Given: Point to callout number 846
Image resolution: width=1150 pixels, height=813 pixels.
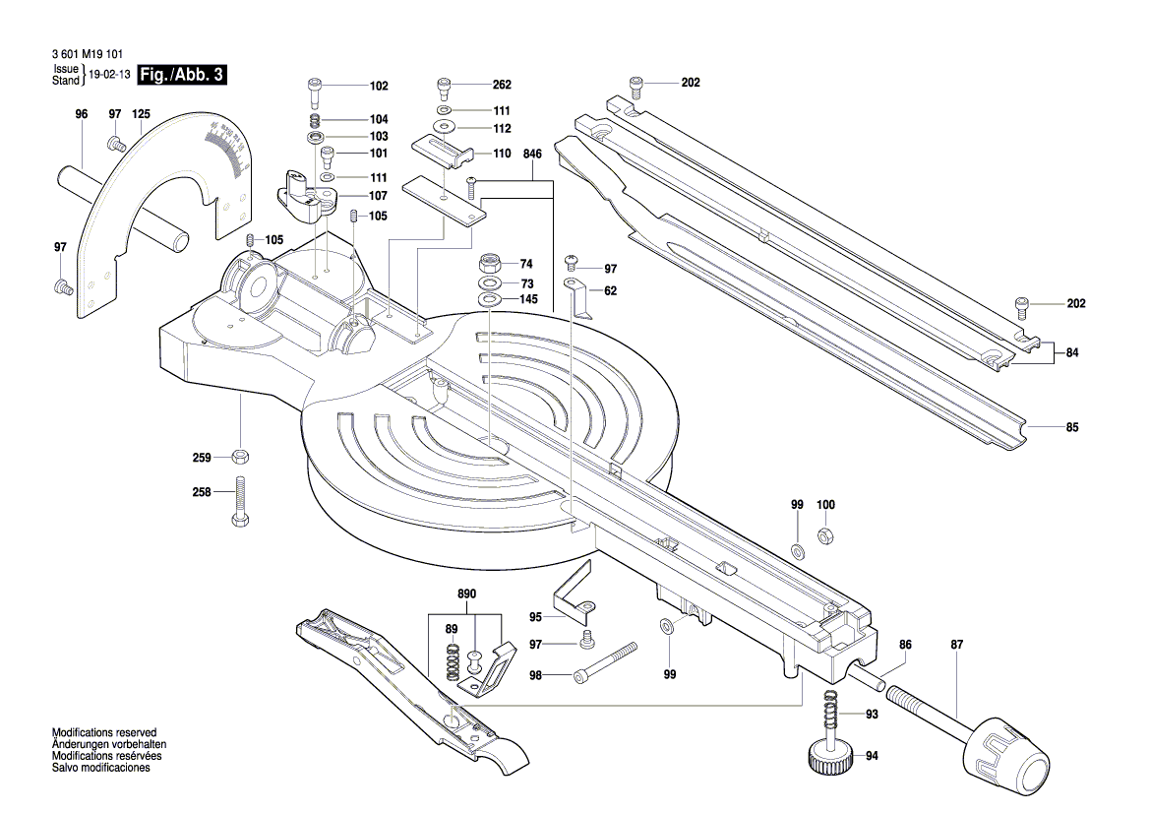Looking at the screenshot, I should tap(532, 155).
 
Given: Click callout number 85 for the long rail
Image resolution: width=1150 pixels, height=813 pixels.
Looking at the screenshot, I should tap(1071, 427).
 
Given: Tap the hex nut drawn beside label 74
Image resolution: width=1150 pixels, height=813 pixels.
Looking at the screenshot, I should tap(490, 264).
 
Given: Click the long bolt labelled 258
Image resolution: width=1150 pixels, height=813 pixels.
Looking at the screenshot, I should tap(240, 502).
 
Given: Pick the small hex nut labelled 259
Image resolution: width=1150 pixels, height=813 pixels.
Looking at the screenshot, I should tap(240, 457).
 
